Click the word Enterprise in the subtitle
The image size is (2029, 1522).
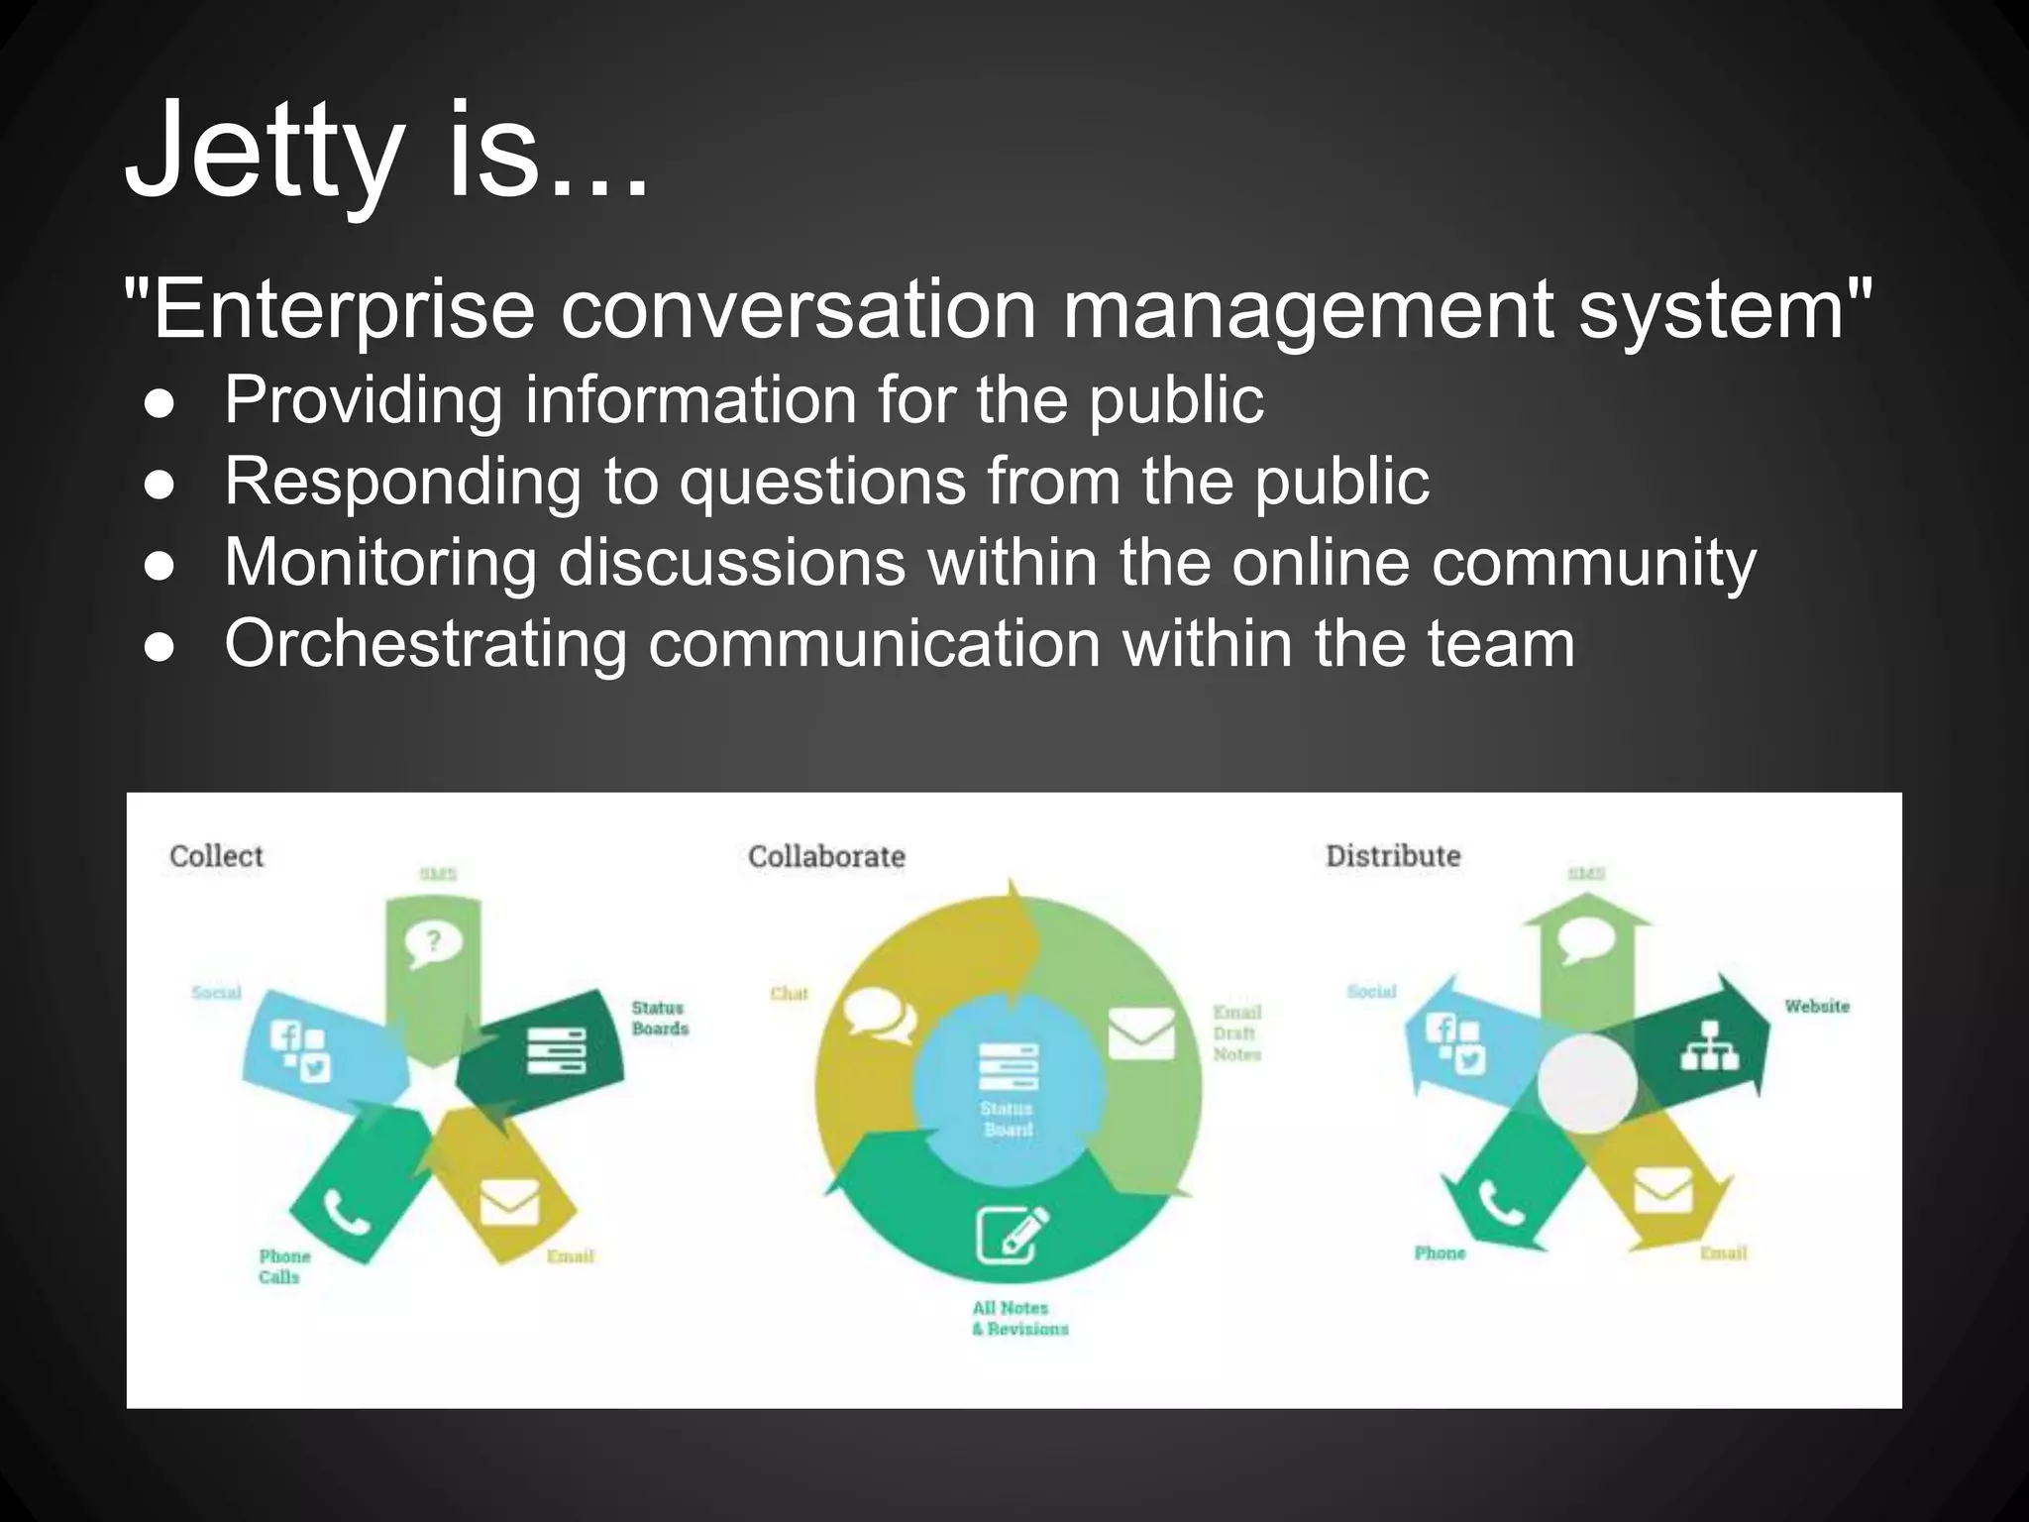pos(342,310)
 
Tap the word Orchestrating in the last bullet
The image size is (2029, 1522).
pos(425,645)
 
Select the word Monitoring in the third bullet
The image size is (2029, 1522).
pos(380,563)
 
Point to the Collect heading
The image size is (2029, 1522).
pos(216,856)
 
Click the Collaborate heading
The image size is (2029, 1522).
pos(826,856)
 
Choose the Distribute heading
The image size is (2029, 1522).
pos(1393,856)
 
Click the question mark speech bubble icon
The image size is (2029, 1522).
pos(433,943)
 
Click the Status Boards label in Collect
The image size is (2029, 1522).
pos(660,1019)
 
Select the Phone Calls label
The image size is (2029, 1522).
pos(283,1266)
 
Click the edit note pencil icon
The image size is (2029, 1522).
pos(1012,1233)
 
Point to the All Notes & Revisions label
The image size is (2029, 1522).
pos(1019,1319)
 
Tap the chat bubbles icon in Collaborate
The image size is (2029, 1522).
pos(878,1016)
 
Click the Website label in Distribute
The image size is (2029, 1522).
pos(1817,1007)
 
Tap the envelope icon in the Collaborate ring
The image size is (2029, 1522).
pos(1140,1033)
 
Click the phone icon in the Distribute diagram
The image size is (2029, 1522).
pos(1502,1203)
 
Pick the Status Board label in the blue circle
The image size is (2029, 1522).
pos(1008,1119)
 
